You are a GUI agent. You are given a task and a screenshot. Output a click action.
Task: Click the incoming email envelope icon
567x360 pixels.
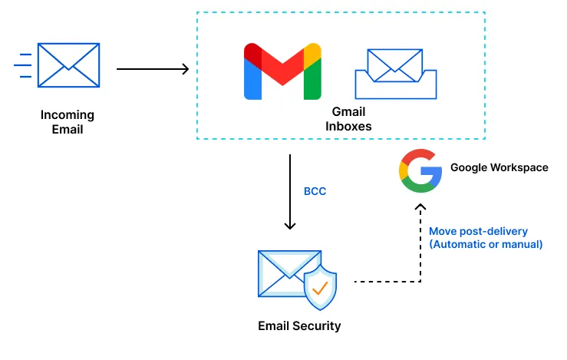point(68,64)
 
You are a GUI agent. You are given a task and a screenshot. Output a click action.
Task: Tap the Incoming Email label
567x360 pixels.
point(68,122)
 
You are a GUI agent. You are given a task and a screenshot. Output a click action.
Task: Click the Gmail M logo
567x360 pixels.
point(282,72)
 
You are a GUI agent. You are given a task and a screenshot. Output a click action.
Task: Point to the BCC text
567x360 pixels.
point(315,191)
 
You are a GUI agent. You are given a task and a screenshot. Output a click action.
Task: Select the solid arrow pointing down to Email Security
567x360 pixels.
point(290,192)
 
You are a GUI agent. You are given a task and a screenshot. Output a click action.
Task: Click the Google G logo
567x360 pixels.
point(420,170)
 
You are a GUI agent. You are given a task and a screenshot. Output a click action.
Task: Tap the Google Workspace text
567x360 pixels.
point(499,167)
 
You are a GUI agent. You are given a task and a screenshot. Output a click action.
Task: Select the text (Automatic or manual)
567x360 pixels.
point(486,245)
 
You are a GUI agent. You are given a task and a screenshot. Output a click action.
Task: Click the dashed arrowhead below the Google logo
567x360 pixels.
point(420,208)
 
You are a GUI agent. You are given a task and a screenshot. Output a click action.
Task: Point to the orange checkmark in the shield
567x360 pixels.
point(320,289)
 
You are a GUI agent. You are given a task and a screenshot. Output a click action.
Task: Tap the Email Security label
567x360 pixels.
point(299,326)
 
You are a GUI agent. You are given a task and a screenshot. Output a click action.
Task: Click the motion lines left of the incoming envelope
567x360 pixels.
point(23,65)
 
